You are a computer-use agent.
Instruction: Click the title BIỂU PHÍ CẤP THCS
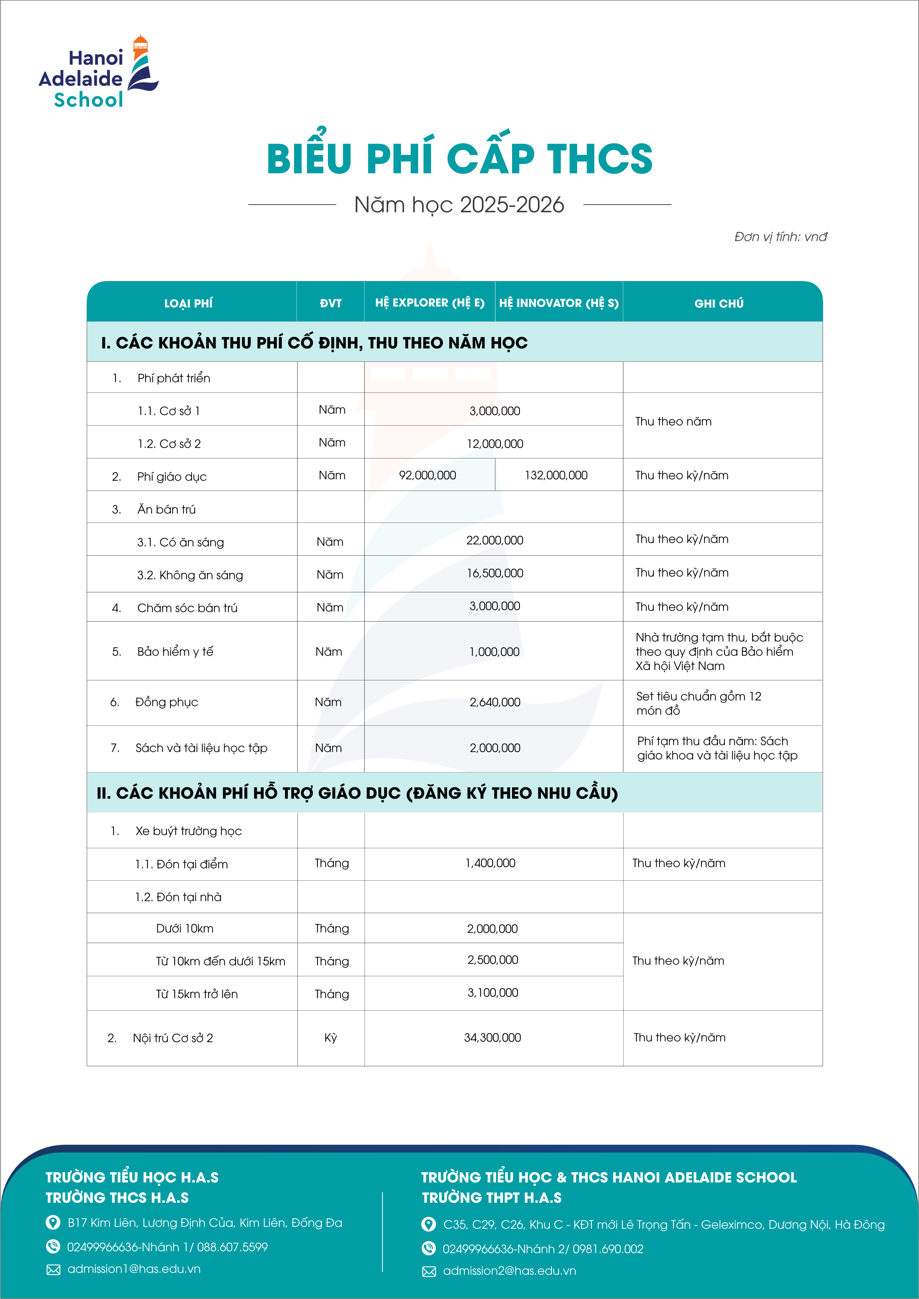point(459,158)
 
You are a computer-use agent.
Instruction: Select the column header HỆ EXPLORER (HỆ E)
point(430,303)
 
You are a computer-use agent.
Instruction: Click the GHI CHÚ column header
point(719,303)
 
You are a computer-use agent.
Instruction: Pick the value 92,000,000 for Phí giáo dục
point(427,475)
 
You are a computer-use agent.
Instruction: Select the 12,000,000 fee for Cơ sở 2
point(495,444)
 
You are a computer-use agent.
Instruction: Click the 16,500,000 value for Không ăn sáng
point(495,573)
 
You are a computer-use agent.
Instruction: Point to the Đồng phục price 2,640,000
point(495,702)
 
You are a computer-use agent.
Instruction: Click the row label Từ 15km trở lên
point(197,994)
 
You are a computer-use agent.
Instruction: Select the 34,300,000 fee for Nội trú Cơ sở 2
point(492,1038)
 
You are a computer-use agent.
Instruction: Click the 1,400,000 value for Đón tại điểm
point(490,863)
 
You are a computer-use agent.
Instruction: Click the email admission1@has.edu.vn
point(134,1269)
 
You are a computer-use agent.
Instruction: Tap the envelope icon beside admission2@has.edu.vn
point(429,1271)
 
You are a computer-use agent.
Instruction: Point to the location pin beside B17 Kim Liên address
point(53,1223)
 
